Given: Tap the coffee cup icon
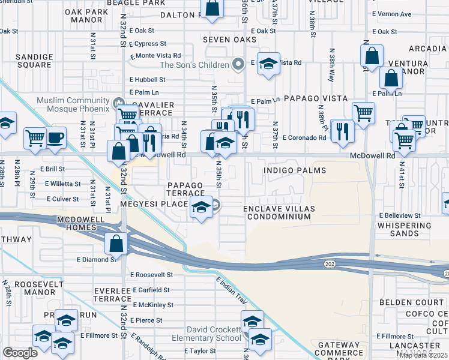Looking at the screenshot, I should [56, 137].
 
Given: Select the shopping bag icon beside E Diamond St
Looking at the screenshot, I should [116, 243].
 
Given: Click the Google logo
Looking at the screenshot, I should [20, 353].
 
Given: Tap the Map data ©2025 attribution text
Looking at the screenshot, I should [423, 355].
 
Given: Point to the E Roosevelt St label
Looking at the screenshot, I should [151, 274].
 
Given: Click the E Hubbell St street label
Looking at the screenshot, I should [147, 79].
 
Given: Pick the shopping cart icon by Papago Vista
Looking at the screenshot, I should [363, 112].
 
